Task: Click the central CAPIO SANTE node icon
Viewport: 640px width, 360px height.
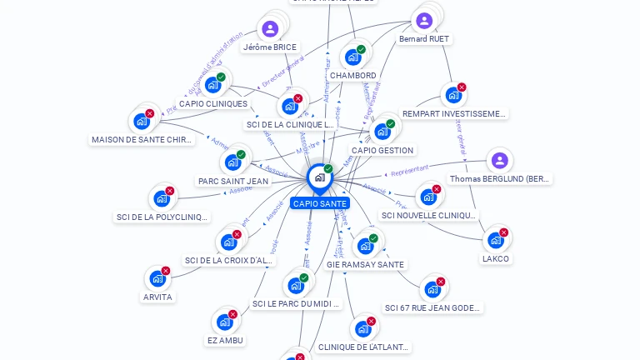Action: (x=319, y=177)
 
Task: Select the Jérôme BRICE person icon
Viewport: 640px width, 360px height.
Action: (x=270, y=29)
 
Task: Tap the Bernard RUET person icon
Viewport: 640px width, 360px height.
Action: (x=424, y=21)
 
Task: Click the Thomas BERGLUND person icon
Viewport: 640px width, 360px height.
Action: (x=499, y=161)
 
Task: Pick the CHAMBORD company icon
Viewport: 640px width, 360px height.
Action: (x=352, y=57)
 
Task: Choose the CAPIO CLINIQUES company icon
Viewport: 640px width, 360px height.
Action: (x=213, y=85)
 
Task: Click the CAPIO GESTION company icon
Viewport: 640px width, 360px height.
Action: (x=382, y=132)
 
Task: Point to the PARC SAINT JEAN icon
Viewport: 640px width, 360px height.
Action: (x=232, y=162)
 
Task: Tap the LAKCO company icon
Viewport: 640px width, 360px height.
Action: (x=496, y=241)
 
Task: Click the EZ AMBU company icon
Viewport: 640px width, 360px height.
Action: (x=224, y=322)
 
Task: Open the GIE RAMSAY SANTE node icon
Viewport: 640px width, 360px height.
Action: (x=365, y=246)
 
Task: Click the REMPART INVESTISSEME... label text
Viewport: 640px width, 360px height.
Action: (x=454, y=113)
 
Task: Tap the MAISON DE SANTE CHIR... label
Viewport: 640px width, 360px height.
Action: (x=142, y=140)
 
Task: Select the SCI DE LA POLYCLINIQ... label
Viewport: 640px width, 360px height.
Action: (x=162, y=217)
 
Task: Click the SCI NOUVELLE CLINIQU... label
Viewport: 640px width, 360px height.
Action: (x=429, y=215)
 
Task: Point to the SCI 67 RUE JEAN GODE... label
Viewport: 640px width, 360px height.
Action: (x=433, y=307)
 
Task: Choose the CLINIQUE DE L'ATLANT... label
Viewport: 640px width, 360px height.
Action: (x=364, y=347)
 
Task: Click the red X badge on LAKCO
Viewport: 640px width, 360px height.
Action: (x=503, y=232)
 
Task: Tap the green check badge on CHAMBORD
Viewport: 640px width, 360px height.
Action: (x=361, y=49)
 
